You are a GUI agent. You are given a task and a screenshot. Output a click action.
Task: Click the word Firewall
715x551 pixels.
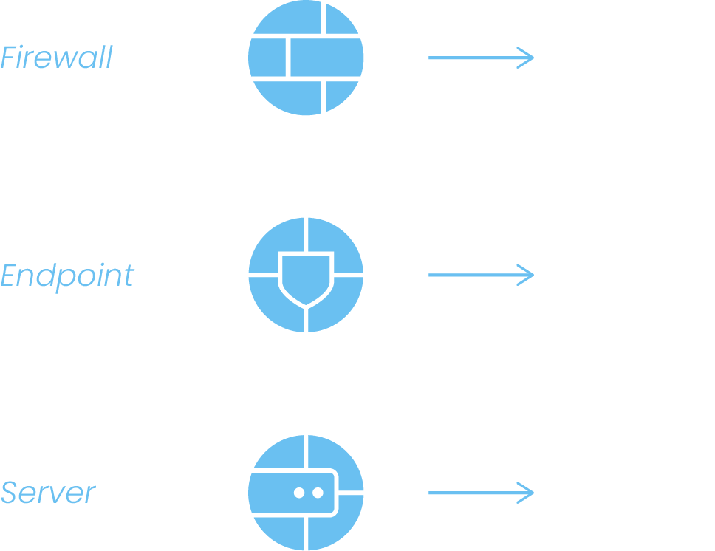56,58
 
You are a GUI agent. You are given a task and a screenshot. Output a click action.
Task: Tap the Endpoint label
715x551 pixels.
67,275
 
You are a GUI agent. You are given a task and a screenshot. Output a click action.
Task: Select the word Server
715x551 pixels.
48,492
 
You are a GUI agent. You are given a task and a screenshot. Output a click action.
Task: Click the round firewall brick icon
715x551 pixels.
307,58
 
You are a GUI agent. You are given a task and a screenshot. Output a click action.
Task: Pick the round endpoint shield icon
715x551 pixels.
307,275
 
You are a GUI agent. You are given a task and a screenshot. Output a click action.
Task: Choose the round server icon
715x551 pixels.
307,492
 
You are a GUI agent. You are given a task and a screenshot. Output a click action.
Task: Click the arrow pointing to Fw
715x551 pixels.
480,58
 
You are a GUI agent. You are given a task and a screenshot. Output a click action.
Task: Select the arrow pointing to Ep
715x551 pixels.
480,275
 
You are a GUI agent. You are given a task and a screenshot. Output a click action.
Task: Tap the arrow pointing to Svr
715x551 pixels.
480,492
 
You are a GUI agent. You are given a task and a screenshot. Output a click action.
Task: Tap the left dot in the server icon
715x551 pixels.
298,492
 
